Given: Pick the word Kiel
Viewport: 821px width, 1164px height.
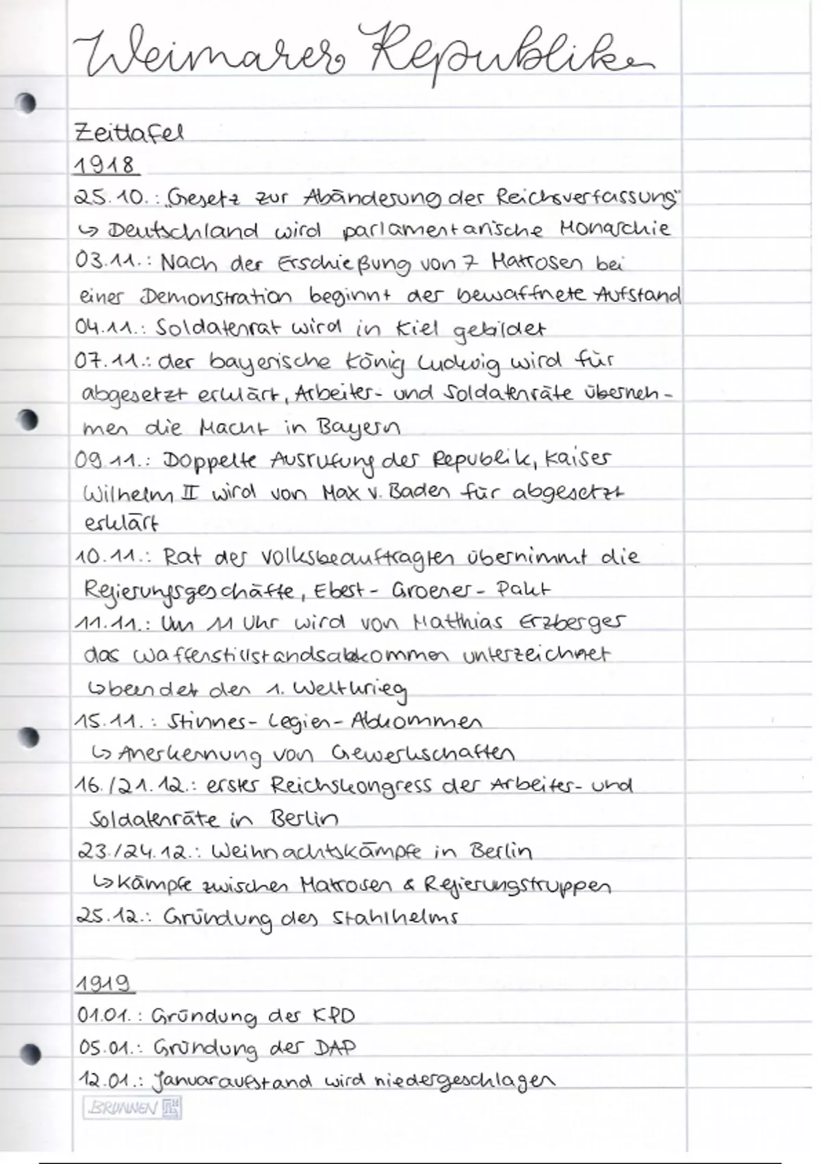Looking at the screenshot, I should pyautogui.click(x=416, y=329).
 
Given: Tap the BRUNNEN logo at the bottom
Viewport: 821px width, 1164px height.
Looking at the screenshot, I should pyautogui.click(x=132, y=1108).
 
